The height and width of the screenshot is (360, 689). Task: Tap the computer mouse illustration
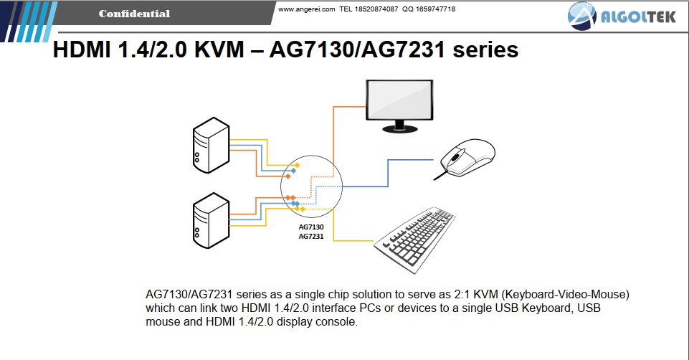(468, 158)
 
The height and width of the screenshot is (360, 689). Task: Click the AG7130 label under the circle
(311, 227)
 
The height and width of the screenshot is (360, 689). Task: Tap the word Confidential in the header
(134, 14)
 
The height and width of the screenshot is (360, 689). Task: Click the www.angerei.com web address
(306, 9)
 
